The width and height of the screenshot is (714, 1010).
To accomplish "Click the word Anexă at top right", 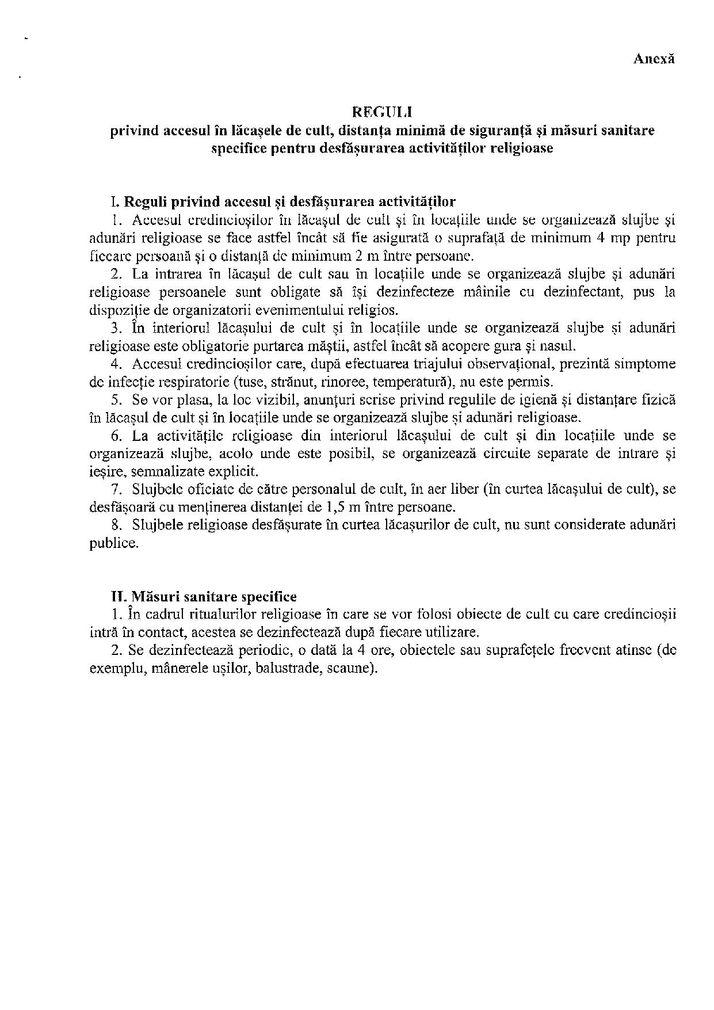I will pyautogui.click(x=654, y=59).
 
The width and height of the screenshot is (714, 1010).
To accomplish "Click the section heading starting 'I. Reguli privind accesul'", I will pyautogui.click(x=283, y=202).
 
